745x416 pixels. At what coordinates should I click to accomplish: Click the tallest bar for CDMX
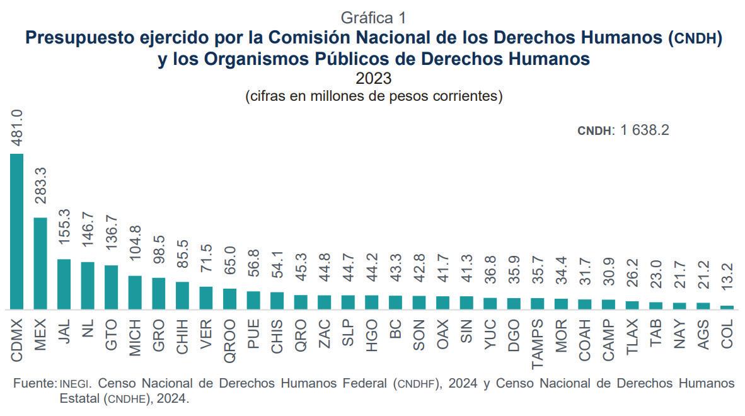coord(17,231)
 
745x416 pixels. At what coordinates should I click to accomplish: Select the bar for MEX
coord(40,263)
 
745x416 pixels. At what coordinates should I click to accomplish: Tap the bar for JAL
coord(64,284)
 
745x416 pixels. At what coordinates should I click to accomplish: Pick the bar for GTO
coord(111,287)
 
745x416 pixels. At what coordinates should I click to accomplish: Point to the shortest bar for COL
coord(727,308)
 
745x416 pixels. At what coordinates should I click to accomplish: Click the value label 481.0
coord(17,129)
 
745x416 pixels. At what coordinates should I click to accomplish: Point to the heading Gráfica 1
coord(372,17)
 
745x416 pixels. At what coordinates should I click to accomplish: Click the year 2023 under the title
coord(373,79)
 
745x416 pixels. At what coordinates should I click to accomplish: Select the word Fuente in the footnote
coord(34,383)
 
